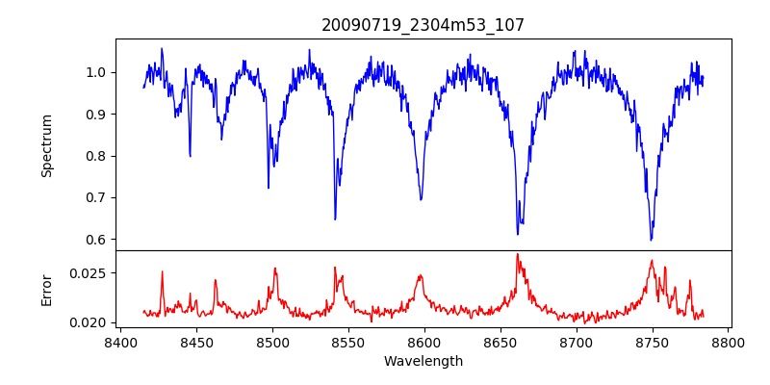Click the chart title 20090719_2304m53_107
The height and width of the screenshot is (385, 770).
(423, 25)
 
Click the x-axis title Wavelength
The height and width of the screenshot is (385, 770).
(423, 361)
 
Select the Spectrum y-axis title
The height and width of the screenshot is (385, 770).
(46, 145)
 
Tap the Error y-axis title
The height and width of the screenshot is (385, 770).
(46, 289)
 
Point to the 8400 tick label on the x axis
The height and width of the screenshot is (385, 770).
(119, 342)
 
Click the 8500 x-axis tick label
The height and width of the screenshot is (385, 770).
(271, 342)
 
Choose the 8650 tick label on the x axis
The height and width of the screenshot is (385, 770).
(500, 342)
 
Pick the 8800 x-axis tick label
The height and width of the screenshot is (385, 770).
(728, 342)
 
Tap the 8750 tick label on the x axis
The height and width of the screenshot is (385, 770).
(652, 342)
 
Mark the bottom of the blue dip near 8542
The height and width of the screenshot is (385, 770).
(335, 219)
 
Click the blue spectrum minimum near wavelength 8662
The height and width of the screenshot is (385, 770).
(517, 234)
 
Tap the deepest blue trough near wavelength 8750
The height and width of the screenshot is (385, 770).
(652, 240)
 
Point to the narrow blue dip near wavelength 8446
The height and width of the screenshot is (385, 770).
(190, 156)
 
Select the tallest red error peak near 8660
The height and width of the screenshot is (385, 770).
(517, 255)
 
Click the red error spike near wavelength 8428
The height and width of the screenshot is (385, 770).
(162, 271)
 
